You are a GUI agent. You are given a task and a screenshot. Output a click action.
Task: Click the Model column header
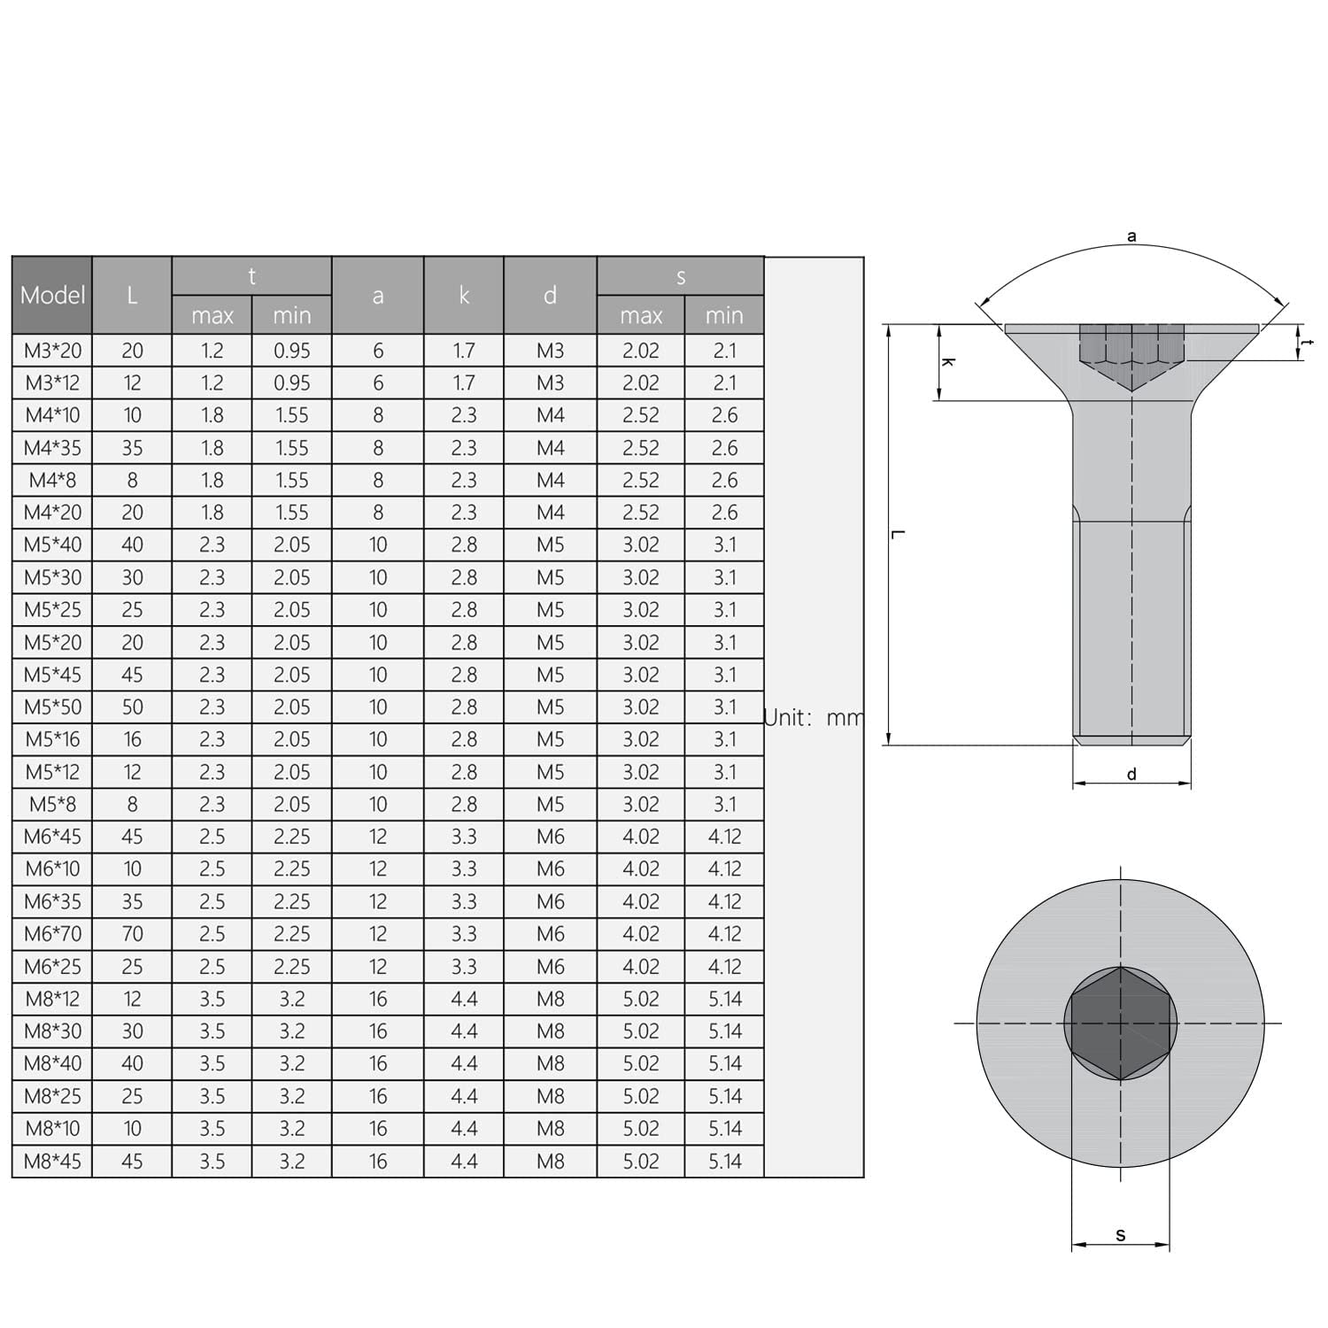click(52, 296)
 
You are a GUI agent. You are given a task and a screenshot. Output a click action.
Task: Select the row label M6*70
click(52, 934)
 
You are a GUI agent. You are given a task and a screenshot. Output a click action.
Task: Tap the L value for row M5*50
click(132, 707)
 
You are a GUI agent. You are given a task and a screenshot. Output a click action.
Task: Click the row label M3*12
click(52, 383)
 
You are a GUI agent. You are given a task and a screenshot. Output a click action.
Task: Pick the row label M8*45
click(52, 1161)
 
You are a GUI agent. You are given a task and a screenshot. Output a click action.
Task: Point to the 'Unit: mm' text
click(813, 717)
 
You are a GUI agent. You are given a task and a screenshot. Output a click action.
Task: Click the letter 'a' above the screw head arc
click(1131, 236)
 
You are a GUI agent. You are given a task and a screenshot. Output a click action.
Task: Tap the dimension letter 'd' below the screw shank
click(1131, 775)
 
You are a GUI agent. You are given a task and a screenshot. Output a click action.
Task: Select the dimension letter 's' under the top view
click(1121, 1235)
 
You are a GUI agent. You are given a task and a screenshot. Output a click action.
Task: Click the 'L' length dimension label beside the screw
click(897, 535)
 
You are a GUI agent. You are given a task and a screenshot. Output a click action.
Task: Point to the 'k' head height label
click(947, 363)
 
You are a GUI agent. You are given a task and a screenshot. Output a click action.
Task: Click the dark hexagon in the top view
click(1121, 1023)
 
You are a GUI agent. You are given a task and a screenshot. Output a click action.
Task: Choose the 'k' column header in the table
click(464, 296)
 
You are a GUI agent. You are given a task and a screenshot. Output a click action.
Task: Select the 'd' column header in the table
click(550, 296)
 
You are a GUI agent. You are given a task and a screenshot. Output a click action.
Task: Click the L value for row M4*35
click(132, 448)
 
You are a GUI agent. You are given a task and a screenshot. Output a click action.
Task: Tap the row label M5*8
click(52, 805)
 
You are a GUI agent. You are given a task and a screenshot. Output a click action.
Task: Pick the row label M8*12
click(52, 999)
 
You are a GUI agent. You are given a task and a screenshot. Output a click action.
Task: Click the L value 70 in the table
click(132, 934)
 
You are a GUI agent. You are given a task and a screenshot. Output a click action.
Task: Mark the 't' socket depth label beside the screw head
click(1309, 344)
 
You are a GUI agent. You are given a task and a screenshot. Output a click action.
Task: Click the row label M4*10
click(52, 415)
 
